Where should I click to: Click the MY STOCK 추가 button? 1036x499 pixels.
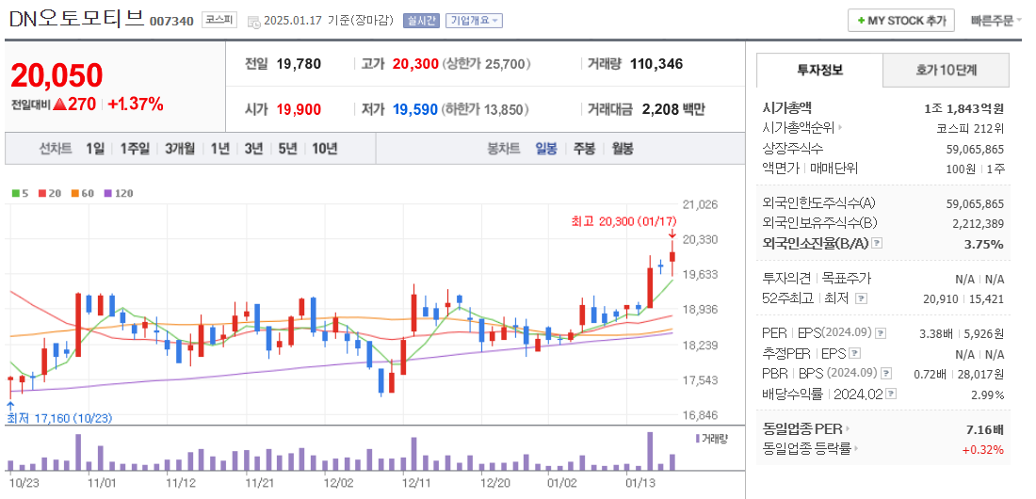tap(901, 21)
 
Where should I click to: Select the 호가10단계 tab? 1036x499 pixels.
tap(946, 71)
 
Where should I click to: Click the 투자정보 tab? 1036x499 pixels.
tap(819, 71)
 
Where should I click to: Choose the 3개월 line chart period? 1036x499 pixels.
tap(179, 149)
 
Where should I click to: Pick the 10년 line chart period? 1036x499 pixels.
tap(324, 149)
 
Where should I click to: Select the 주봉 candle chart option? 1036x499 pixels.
tap(584, 149)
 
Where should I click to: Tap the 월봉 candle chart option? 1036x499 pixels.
tap(622, 149)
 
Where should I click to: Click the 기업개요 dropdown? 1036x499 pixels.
tap(474, 21)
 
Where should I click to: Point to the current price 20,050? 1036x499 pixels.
tap(57, 76)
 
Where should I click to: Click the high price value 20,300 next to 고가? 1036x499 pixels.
tap(415, 64)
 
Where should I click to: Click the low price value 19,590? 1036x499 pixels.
tap(415, 109)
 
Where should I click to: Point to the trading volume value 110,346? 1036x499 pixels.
tap(656, 64)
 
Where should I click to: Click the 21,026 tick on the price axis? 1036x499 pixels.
tap(699, 204)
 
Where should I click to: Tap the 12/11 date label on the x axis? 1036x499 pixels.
tap(415, 482)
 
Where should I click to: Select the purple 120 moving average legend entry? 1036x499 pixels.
tap(119, 193)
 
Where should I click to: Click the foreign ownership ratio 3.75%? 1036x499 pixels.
tap(985, 244)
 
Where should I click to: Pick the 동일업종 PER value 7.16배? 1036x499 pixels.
tap(984, 429)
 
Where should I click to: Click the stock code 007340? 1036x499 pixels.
tap(172, 21)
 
